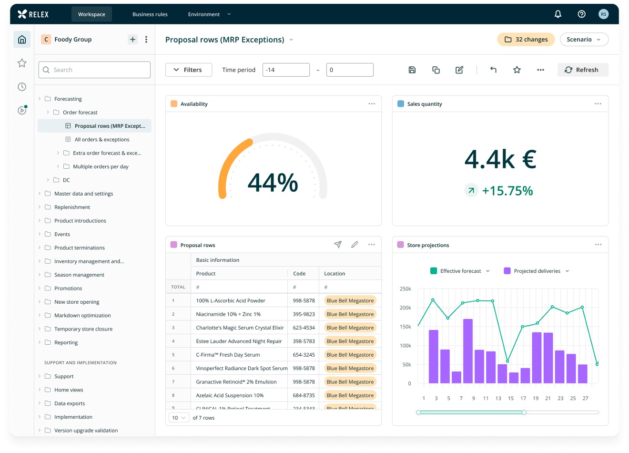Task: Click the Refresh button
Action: [x=583, y=70]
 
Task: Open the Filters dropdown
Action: [x=188, y=70]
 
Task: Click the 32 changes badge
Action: [x=526, y=40]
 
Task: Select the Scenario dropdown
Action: [x=584, y=40]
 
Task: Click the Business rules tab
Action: [x=150, y=14]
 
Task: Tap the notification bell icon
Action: [x=558, y=14]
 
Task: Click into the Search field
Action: [x=94, y=70]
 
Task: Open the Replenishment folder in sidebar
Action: [x=72, y=207]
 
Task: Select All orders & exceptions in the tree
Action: [x=102, y=139]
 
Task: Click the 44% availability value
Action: [x=273, y=183]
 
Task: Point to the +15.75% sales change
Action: [x=507, y=191]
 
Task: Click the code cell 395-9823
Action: [x=304, y=314]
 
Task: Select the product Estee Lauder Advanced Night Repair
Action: [x=239, y=341]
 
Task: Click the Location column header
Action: [x=335, y=273]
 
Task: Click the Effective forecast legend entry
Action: [x=460, y=271]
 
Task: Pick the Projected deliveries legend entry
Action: [x=537, y=271]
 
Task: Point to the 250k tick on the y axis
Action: [x=405, y=289]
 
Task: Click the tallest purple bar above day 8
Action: [x=468, y=351]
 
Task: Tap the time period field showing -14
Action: [x=286, y=70]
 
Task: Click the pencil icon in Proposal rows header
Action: [x=355, y=245]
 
